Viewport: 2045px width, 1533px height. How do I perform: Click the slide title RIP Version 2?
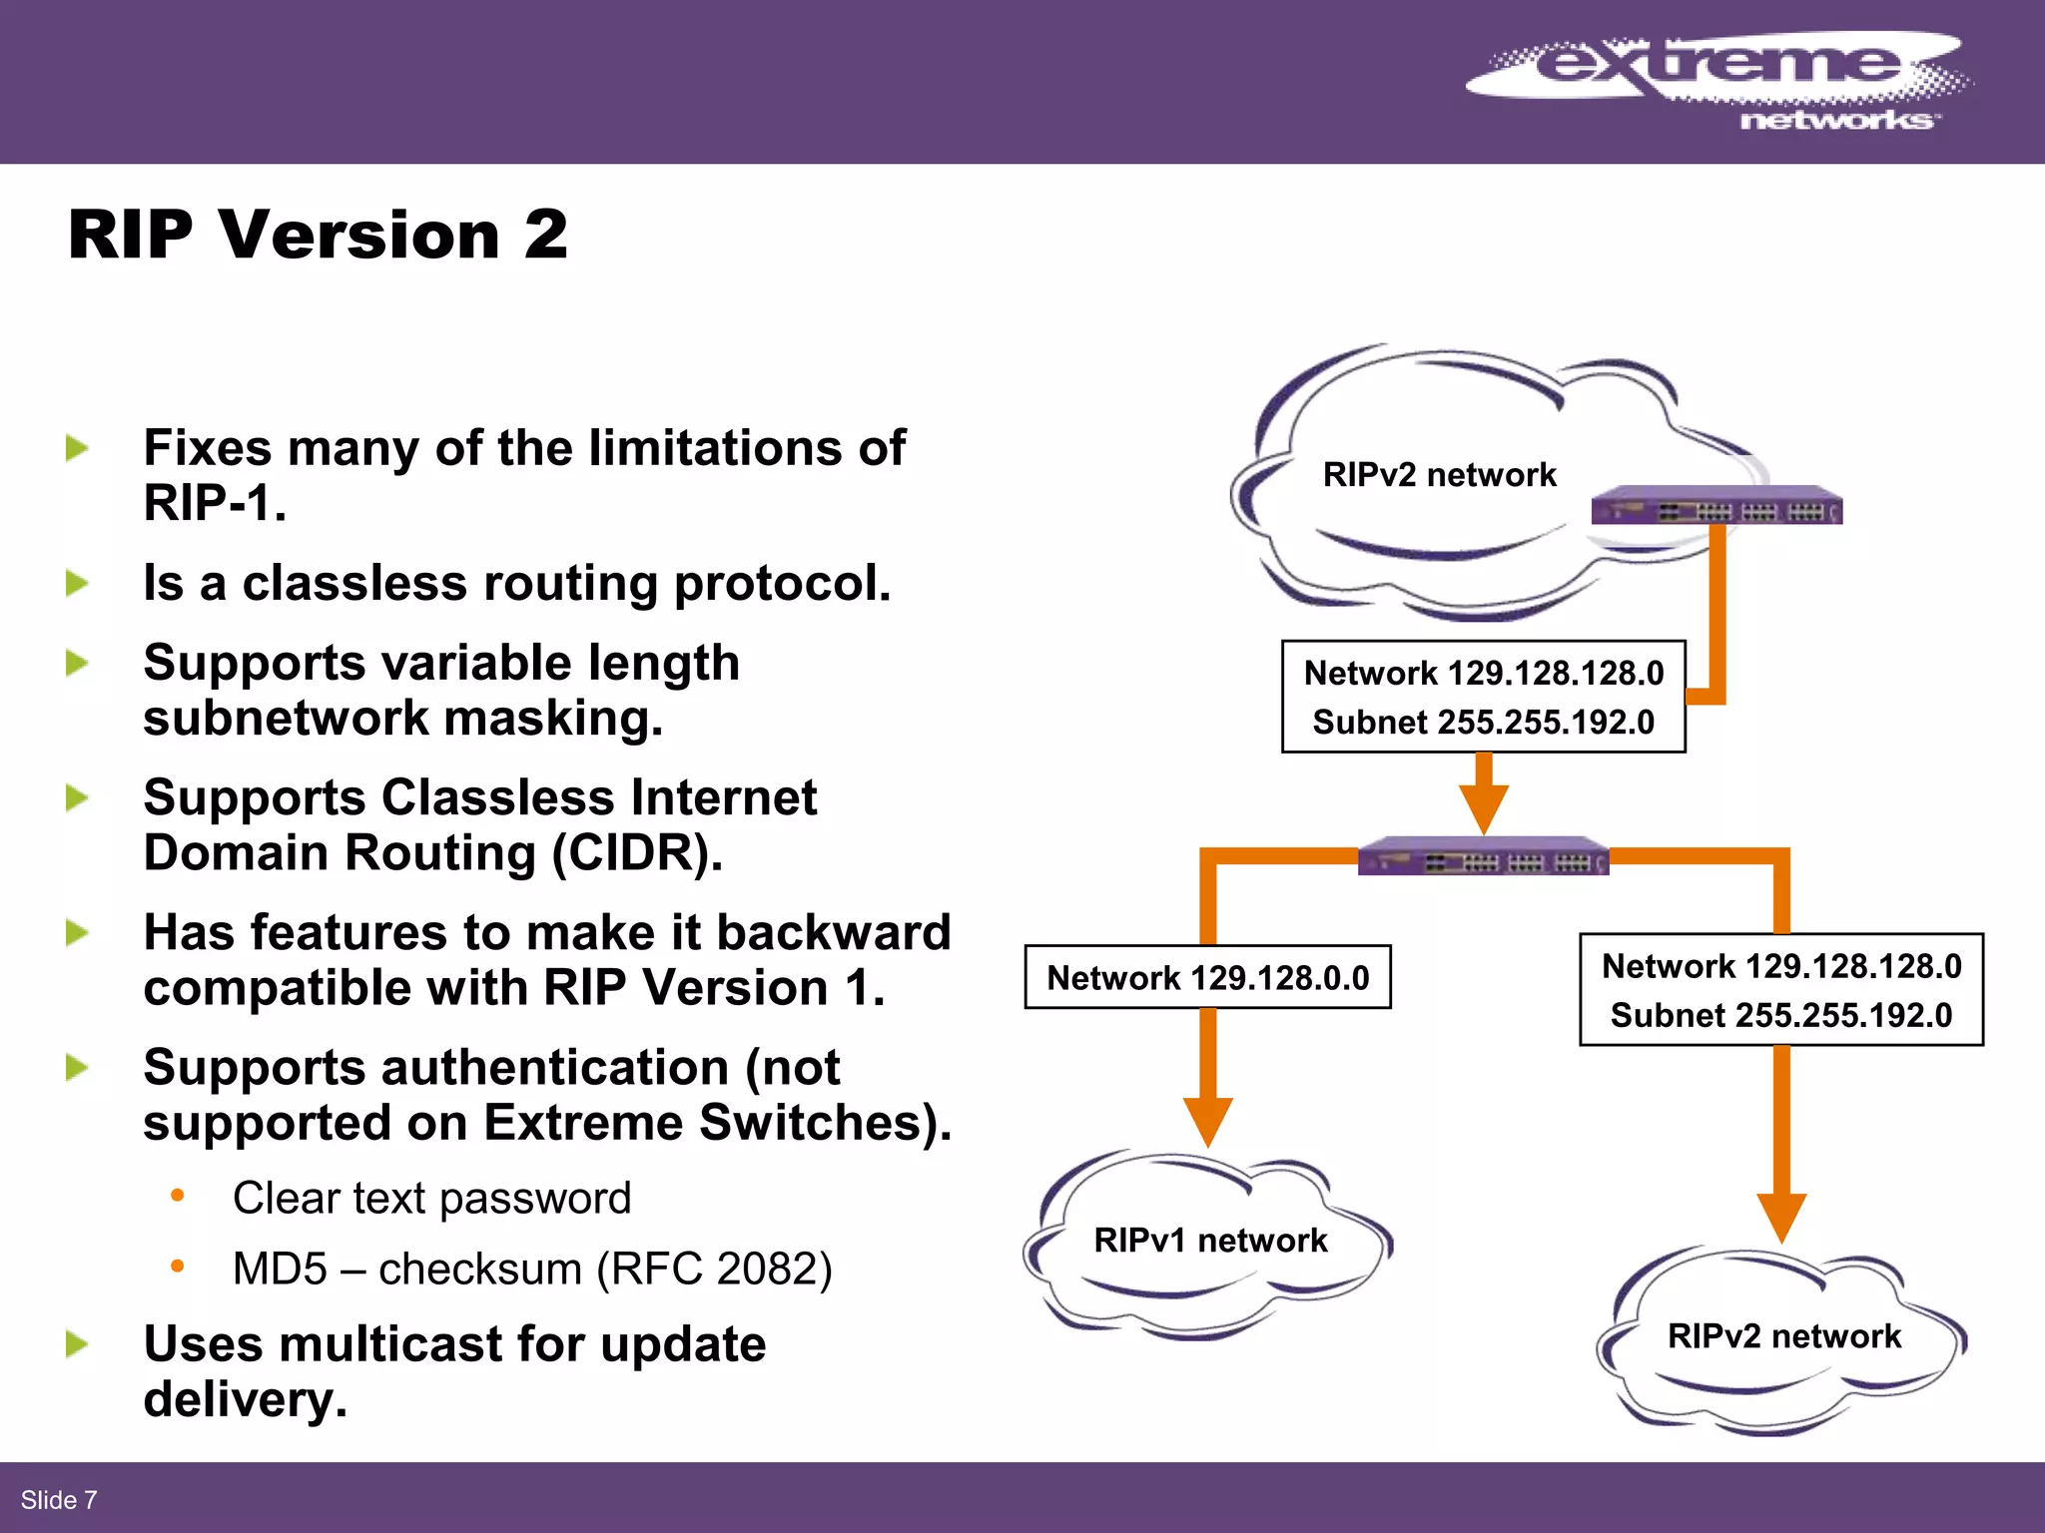318,236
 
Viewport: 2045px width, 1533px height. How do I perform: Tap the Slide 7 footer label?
59,1500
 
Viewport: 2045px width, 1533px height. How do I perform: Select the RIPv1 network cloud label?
1210,1241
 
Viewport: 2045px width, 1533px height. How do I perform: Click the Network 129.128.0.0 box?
1207,978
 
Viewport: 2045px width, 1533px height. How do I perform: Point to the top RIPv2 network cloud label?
1439,475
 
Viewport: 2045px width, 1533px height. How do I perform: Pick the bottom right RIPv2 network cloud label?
1783,1336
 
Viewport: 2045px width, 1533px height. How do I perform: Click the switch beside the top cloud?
1715,506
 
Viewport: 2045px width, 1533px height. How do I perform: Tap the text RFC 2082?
713,1270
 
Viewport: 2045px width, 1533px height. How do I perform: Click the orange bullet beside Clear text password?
178,1196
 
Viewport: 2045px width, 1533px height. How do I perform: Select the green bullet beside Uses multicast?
77,1344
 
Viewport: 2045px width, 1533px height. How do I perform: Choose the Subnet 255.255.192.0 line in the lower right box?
1780,1016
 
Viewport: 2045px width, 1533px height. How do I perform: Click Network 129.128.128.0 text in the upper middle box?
1484,674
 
